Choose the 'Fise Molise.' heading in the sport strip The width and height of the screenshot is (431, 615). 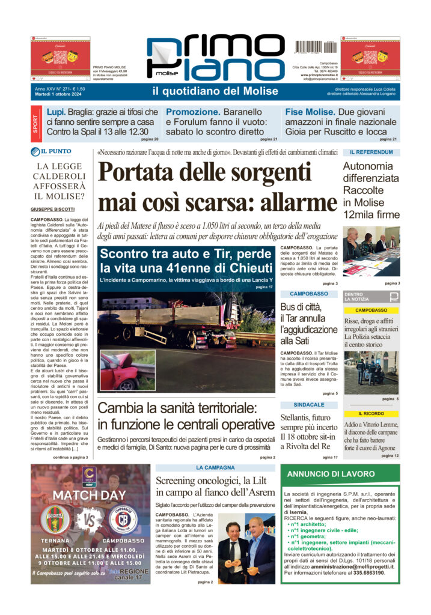click(309, 112)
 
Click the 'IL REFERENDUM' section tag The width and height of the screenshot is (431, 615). click(367, 153)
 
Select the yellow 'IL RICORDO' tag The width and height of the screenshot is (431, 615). click(371, 414)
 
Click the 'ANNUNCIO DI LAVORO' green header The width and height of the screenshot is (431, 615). click(331, 474)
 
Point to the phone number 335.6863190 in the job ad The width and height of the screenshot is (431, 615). click(365, 573)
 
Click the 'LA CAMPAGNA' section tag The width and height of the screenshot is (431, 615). click(215, 467)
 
